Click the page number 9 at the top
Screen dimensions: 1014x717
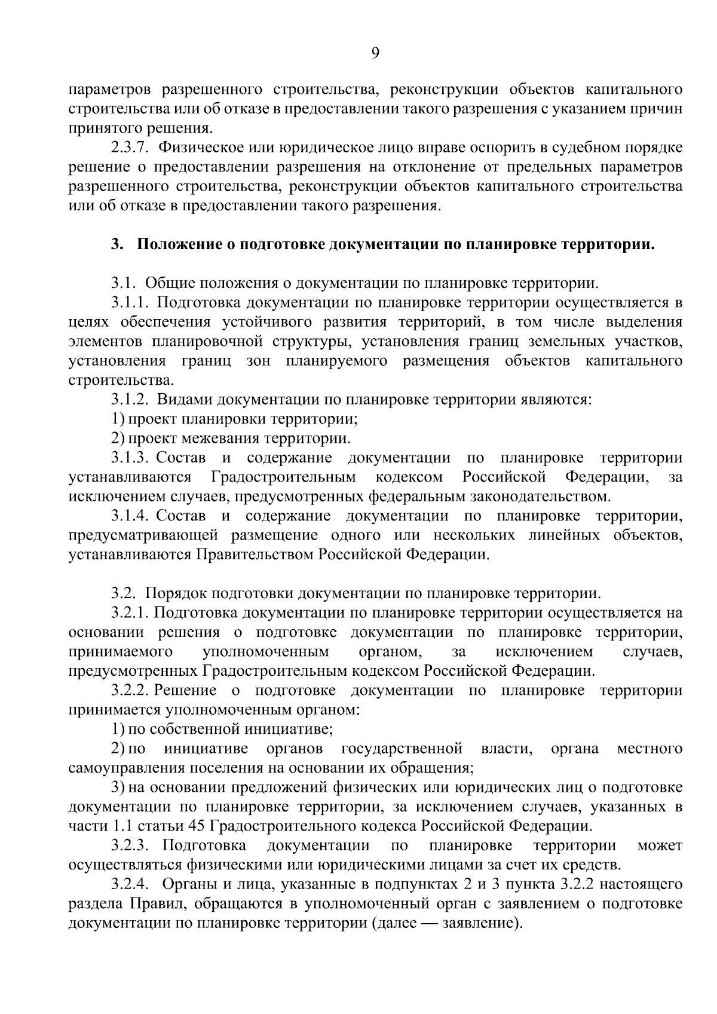point(375,54)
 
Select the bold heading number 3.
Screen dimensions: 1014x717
point(117,244)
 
